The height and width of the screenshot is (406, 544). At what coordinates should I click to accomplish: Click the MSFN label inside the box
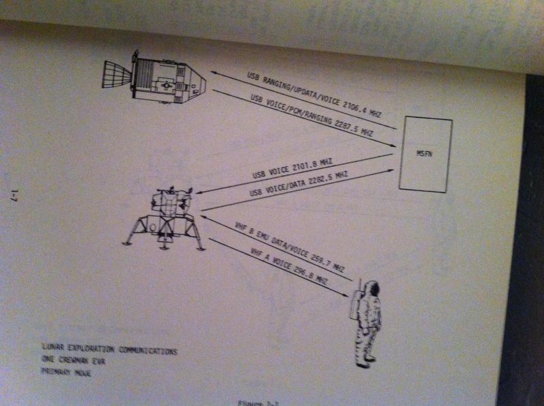[424, 154]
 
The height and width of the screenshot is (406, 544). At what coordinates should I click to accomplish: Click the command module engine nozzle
[115, 73]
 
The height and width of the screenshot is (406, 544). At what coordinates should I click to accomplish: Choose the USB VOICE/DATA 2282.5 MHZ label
[299, 184]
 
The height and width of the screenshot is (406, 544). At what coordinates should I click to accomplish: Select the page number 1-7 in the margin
[14, 197]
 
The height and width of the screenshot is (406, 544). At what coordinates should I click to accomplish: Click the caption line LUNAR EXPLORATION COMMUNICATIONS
[109, 351]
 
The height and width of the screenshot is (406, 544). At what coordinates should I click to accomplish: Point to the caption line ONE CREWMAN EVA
[75, 362]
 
